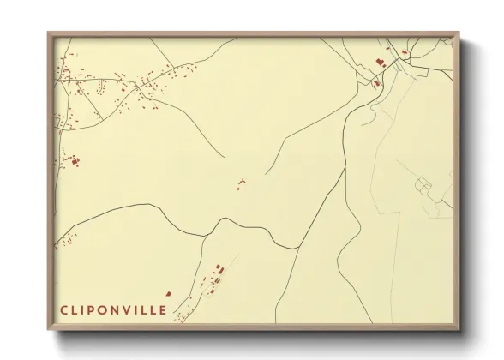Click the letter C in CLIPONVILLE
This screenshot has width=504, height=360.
click(64, 309)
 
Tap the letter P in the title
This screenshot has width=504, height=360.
click(98, 309)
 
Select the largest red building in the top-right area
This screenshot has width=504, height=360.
click(378, 62)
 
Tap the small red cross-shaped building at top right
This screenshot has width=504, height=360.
click(405, 53)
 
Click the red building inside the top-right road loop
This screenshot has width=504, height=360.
click(376, 83)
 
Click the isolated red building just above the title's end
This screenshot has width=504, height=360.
click(169, 293)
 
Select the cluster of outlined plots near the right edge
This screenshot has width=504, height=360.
click(426, 183)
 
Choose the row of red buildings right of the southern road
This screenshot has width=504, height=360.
click(218, 276)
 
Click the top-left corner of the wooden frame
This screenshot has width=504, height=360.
click(49, 33)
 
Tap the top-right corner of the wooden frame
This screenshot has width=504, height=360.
click(459, 33)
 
